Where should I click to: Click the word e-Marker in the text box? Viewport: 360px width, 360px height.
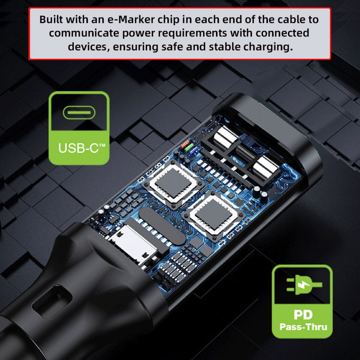[x=131, y=19]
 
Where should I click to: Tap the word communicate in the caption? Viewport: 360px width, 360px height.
[x=84, y=33]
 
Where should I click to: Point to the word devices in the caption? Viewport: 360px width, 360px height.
[x=89, y=47]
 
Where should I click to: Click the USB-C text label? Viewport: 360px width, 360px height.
[x=82, y=148]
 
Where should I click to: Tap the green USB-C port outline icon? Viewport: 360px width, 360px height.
[x=79, y=112]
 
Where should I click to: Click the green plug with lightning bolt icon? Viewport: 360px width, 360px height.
[x=304, y=285]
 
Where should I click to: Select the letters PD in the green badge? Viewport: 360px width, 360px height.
[x=303, y=315]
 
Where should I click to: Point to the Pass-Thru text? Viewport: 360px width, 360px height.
[x=303, y=327]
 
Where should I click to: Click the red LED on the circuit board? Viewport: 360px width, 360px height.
[x=185, y=144]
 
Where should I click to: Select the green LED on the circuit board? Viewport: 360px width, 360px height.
[x=189, y=147]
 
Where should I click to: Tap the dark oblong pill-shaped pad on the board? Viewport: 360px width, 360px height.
[x=162, y=226]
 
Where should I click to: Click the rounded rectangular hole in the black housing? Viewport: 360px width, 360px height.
[x=52, y=302]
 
